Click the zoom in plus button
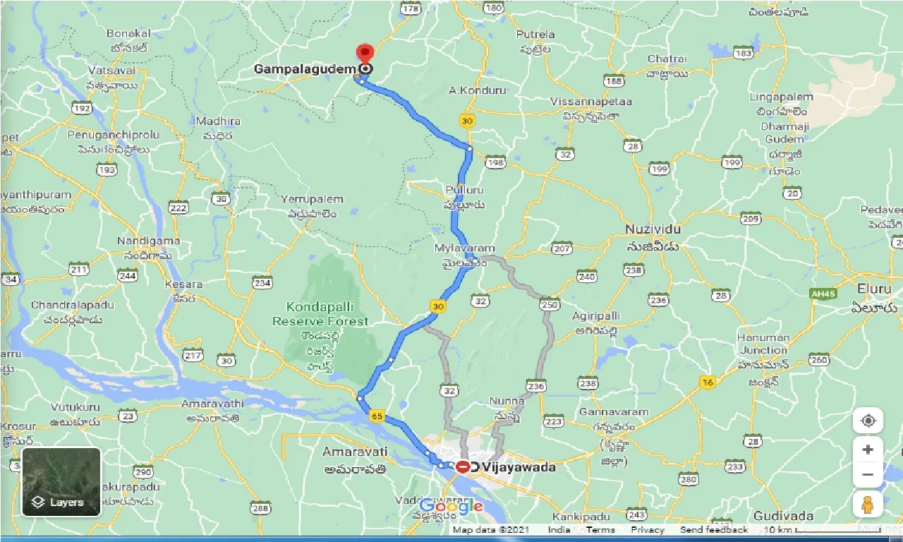[x=868, y=449]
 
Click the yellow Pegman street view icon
[x=868, y=505]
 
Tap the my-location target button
[x=868, y=421]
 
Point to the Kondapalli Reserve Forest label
[x=320, y=314]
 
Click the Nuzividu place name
[x=652, y=230]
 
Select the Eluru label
[x=875, y=289]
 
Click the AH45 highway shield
[x=823, y=294]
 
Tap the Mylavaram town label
[x=465, y=248]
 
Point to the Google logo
[x=451, y=506]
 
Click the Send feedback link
[x=714, y=530]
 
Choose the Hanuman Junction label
[x=762, y=344]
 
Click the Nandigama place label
[x=149, y=241]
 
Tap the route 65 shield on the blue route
[x=376, y=417]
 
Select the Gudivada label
[x=784, y=516]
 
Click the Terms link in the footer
[x=600, y=530]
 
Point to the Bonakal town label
[x=129, y=33]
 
